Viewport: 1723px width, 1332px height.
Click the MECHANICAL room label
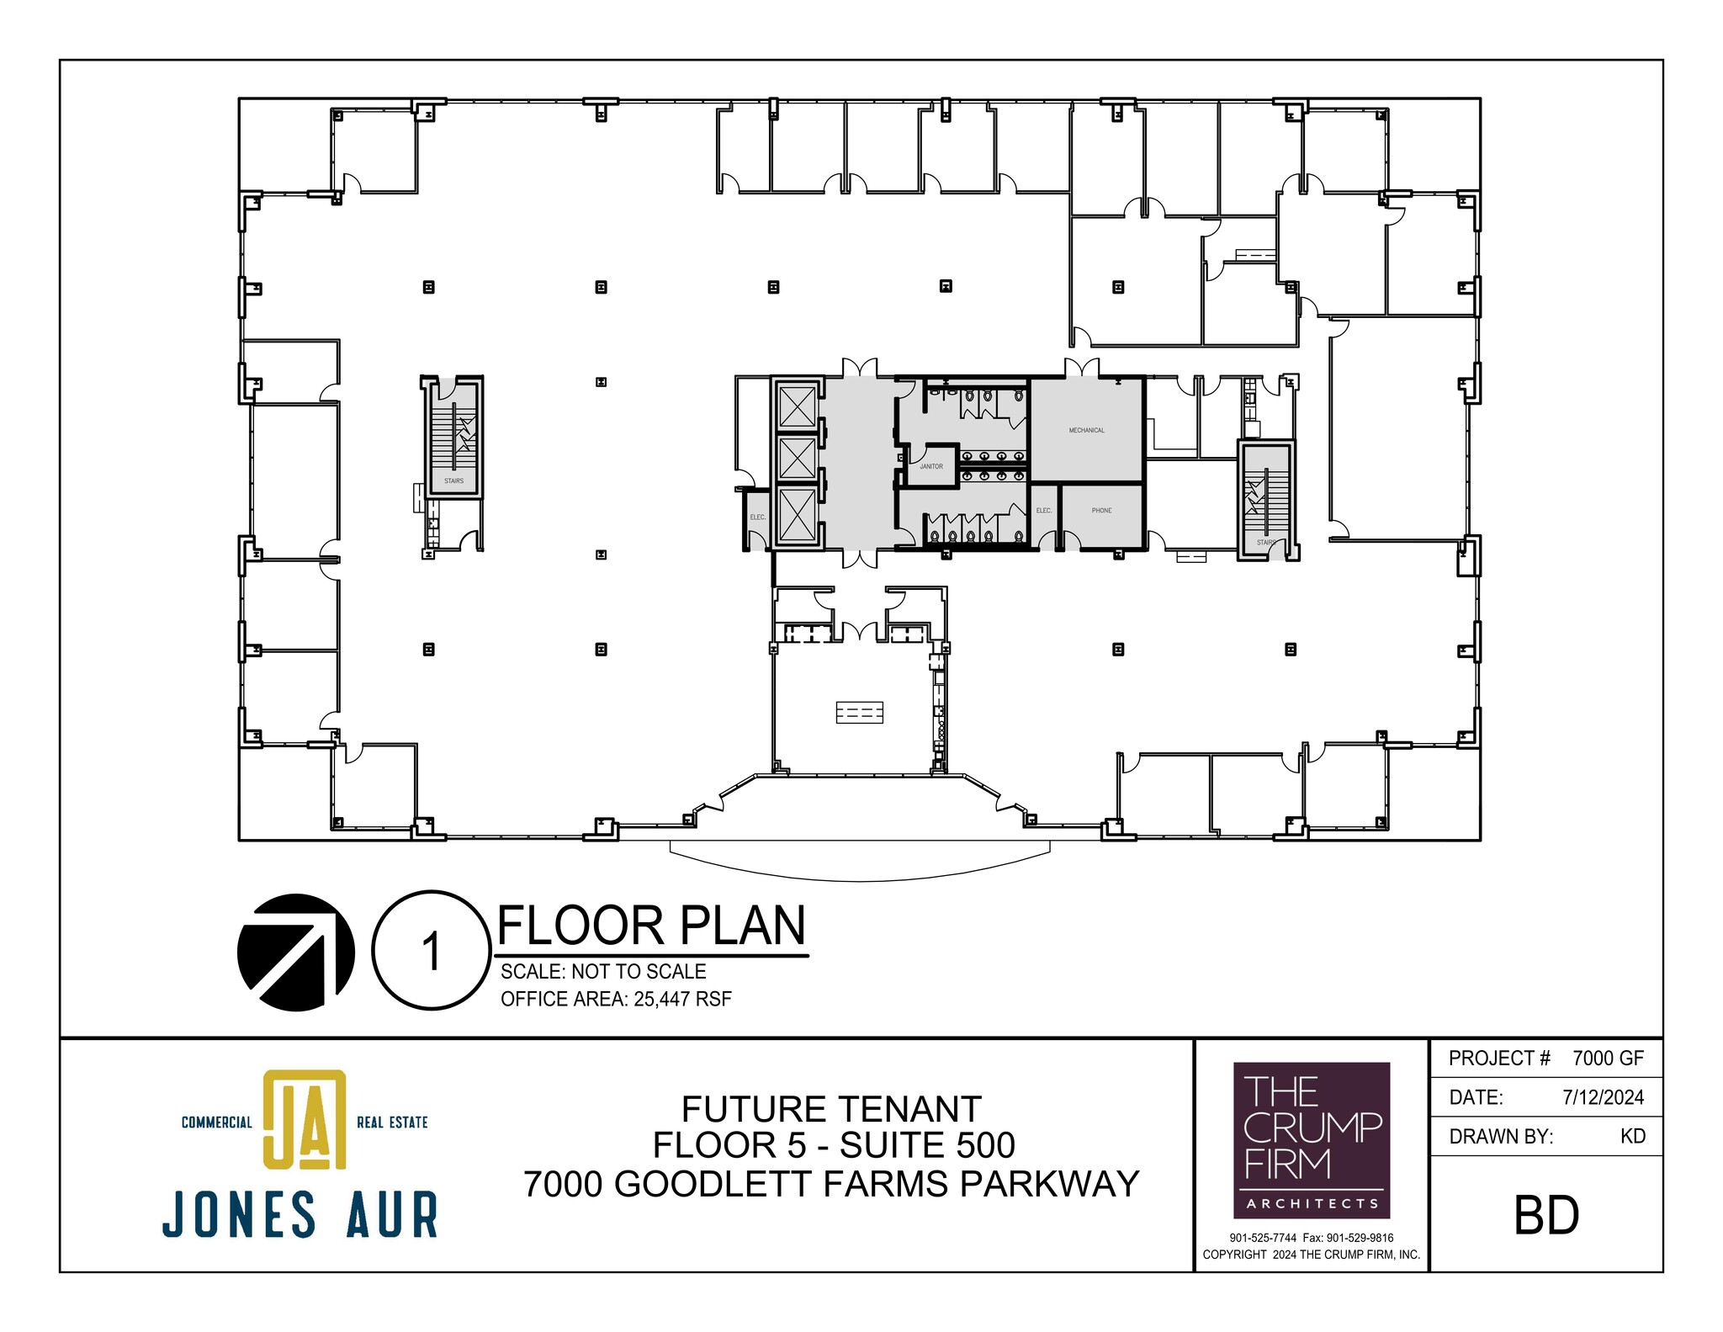(x=1086, y=430)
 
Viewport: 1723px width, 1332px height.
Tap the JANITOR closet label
(x=930, y=466)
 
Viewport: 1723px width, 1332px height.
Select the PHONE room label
(x=1101, y=511)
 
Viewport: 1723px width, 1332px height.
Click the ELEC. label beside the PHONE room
(x=1043, y=511)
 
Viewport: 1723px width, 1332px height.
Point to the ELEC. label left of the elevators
(x=757, y=517)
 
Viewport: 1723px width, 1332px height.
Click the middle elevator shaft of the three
(x=798, y=459)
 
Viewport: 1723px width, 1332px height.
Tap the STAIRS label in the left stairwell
(x=453, y=481)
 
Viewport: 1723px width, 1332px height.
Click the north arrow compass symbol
(x=295, y=951)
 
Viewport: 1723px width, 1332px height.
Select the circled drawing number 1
(x=431, y=951)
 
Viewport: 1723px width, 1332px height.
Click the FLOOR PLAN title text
(x=651, y=926)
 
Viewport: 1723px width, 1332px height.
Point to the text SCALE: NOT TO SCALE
(x=603, y=972)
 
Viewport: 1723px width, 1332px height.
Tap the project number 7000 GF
(x=1608, y=1059)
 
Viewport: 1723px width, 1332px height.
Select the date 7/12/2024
(x=1603, y=1097)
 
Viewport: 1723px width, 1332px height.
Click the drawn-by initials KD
(x=1632, y=1136)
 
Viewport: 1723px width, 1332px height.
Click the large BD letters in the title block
(x=1546, y=1216)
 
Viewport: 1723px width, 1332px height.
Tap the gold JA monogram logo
(x=305, y=1119)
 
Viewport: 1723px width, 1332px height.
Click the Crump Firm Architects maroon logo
(x=1312, y=1140)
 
